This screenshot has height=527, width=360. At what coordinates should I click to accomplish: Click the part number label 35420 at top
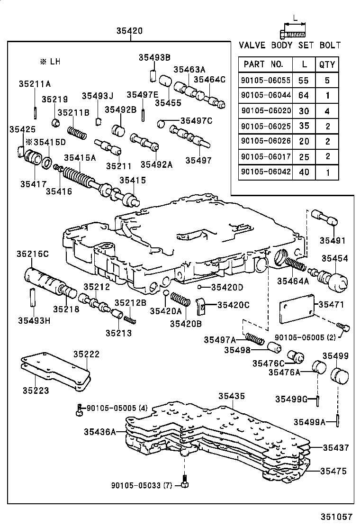(129, 31)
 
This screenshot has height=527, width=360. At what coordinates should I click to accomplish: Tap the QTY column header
(327, 64)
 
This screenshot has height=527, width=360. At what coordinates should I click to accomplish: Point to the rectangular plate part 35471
(298, 308)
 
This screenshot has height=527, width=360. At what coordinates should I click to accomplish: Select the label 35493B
(154, 57)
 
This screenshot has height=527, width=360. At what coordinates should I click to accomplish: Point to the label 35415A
(80, 158)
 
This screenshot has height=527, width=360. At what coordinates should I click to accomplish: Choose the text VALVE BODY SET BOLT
(289, 45)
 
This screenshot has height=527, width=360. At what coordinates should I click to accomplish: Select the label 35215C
(33, 254)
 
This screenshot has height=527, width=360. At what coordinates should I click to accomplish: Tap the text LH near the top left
(55, 62)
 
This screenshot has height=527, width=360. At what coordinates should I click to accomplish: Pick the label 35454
(334, 258)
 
